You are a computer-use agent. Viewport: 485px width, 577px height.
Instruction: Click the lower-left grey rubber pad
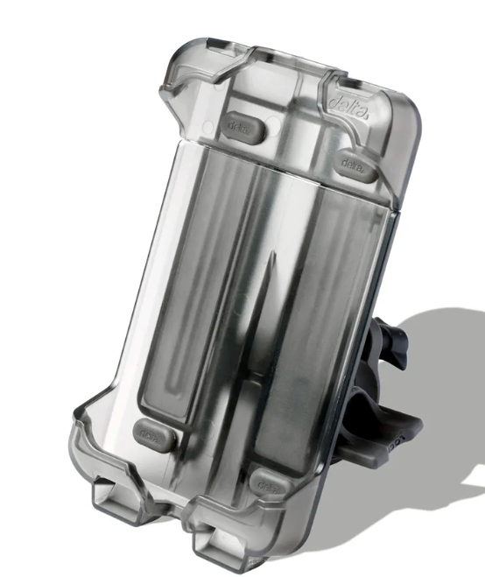(x=150, y=432)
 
